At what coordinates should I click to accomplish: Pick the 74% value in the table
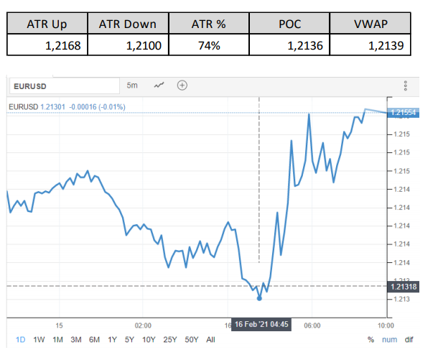pos(210,46)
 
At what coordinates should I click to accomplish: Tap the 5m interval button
pos(132,86)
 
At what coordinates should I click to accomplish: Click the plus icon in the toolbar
pos(182,86)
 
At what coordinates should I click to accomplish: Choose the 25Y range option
pos(170,339)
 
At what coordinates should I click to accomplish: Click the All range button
pos(210,339)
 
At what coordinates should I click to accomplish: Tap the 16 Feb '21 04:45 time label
pos(259,324)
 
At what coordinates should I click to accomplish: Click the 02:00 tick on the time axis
pos(143,324)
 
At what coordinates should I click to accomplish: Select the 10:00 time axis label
pos(386,324)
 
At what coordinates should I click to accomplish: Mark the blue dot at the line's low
pos(259,297)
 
